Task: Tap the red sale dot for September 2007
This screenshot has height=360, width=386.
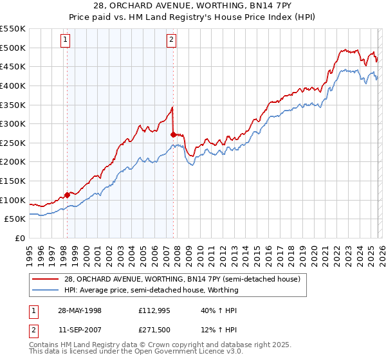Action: [x=173, y=134]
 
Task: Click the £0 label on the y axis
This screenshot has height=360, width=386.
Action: [x=21, y=238]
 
